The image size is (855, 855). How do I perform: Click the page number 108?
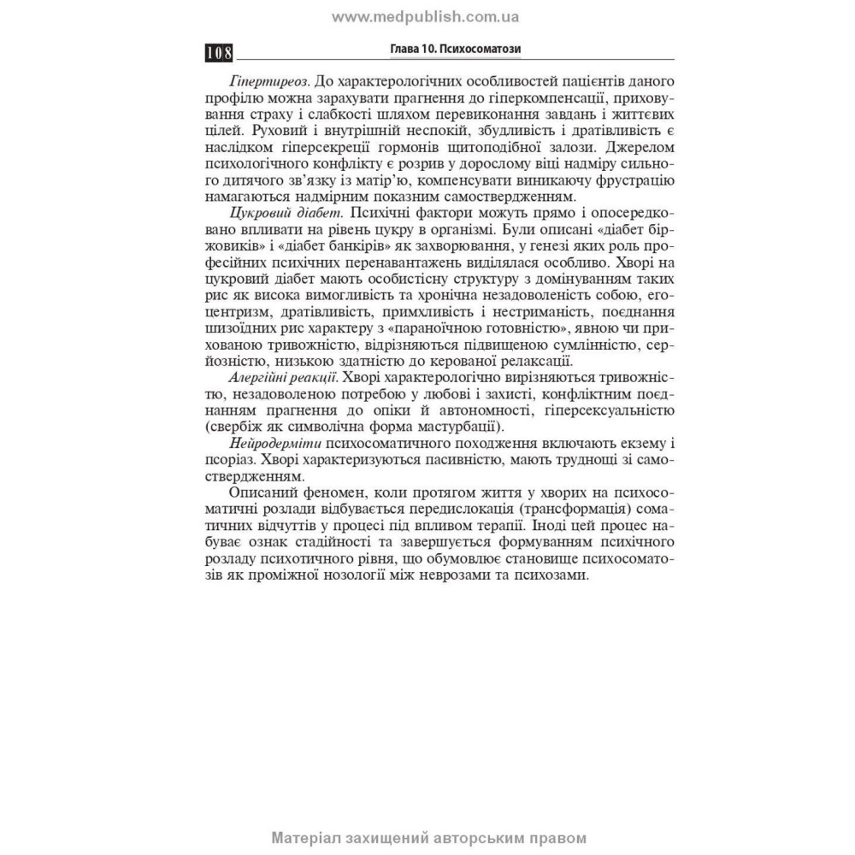(x=220, y=54)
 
